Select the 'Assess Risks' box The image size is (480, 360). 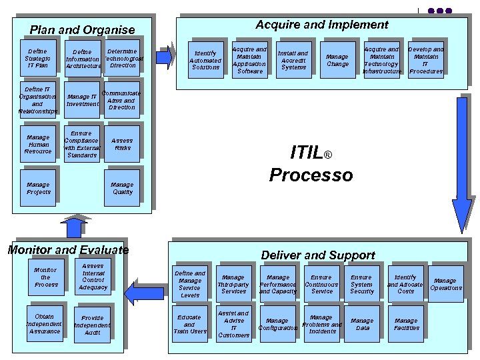pyautogui.click(x=122, y=144)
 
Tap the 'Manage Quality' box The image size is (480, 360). pyautogui.click(x=122, y=188)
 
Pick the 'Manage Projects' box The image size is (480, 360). pyautogui.click(x=39, y=188)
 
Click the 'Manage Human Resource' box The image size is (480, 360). pyautogui.click(x=38, y=144)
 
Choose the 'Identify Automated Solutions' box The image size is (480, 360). pyautogui.click(x=205, y=60)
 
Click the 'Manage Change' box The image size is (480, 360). pyautogui.click(x=337, y=60)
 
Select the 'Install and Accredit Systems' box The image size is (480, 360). pyautogui.click(x=293, y=60)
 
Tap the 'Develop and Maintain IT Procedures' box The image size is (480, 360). pyautogui.click(x=426, y=60)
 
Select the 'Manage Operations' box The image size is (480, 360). pyautogui.click(x=445, y=284)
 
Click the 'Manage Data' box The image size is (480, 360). pyautogui.click(x=362, y=324)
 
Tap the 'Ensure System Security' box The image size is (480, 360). pyautogui.click(x=362, y=284)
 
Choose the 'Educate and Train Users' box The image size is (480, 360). pyautogui.click(x=190, y=324)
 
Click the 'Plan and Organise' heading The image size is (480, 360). pyautogui.click(x=82, y=29)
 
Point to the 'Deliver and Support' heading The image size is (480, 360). pyautogui.click(x=318, y=255)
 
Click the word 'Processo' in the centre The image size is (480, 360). pyautogui.click(x=311, y=175)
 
